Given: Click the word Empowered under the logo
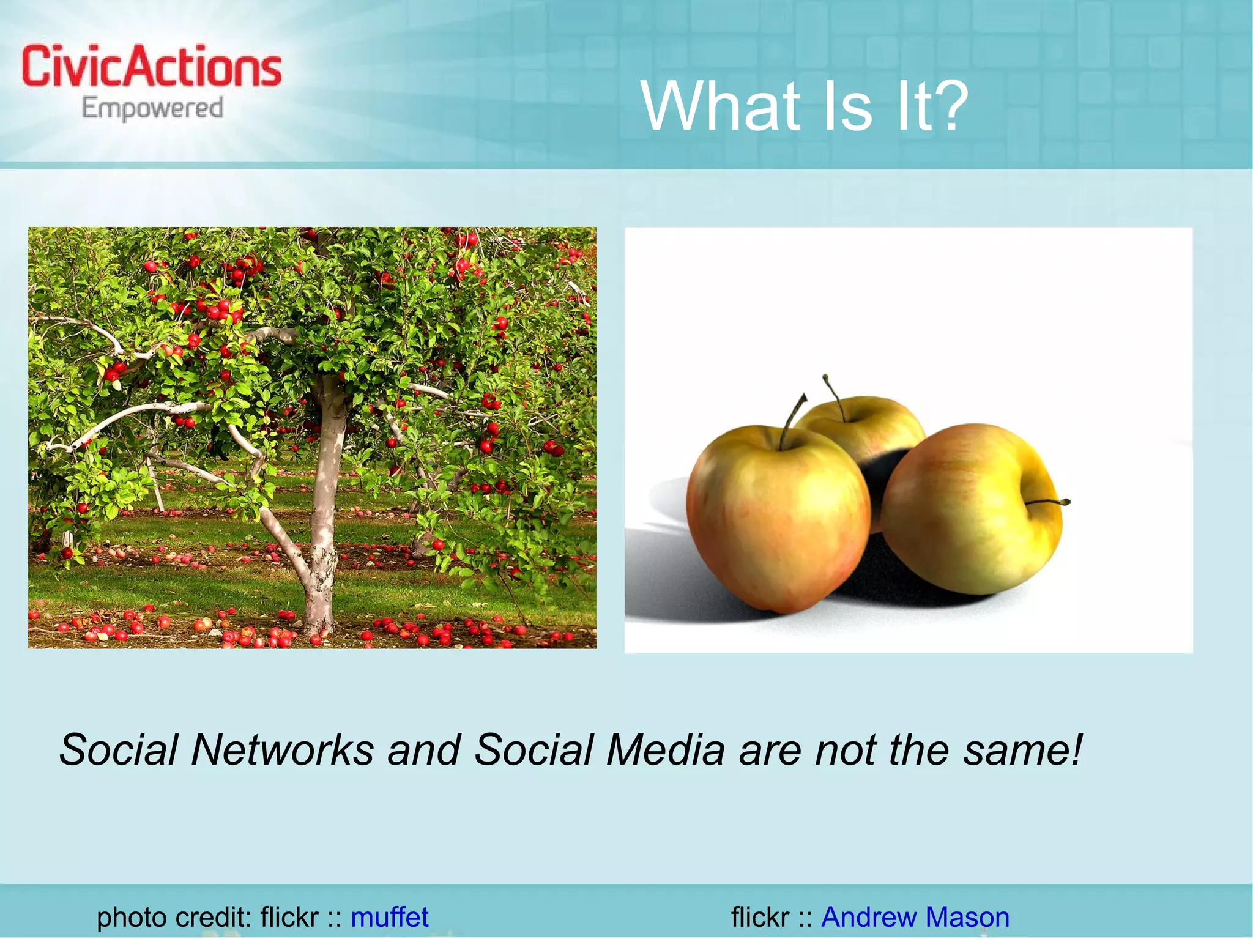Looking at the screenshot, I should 152,108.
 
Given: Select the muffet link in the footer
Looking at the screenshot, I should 389,917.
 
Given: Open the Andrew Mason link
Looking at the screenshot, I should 915,917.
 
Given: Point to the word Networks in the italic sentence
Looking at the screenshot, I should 282,749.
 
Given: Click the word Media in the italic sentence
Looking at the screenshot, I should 666,749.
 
